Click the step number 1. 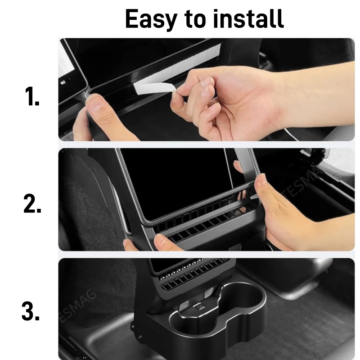[31, 96]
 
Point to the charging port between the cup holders [198, 306]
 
